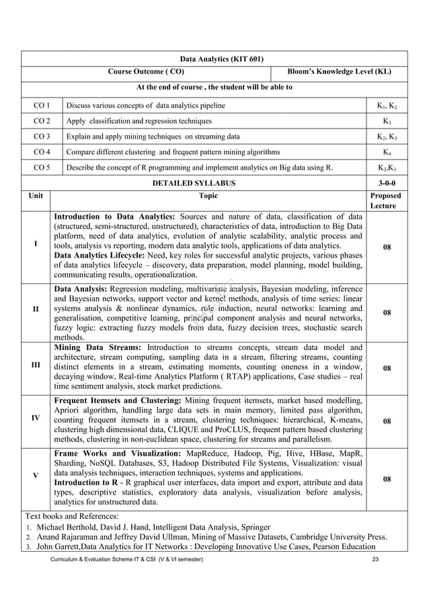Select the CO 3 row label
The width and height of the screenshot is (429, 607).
click(42, 137)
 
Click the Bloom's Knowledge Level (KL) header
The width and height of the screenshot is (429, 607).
click(339, 72)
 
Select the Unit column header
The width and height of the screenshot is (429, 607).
click(36, 196)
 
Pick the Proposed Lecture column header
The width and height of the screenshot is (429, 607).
click(386, 201)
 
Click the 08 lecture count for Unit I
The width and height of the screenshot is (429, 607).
click(386, 248)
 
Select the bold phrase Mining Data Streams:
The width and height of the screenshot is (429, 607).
click(98, 348)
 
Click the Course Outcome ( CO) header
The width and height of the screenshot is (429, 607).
click(146, 72)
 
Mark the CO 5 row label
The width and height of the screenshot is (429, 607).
click(42, 168)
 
